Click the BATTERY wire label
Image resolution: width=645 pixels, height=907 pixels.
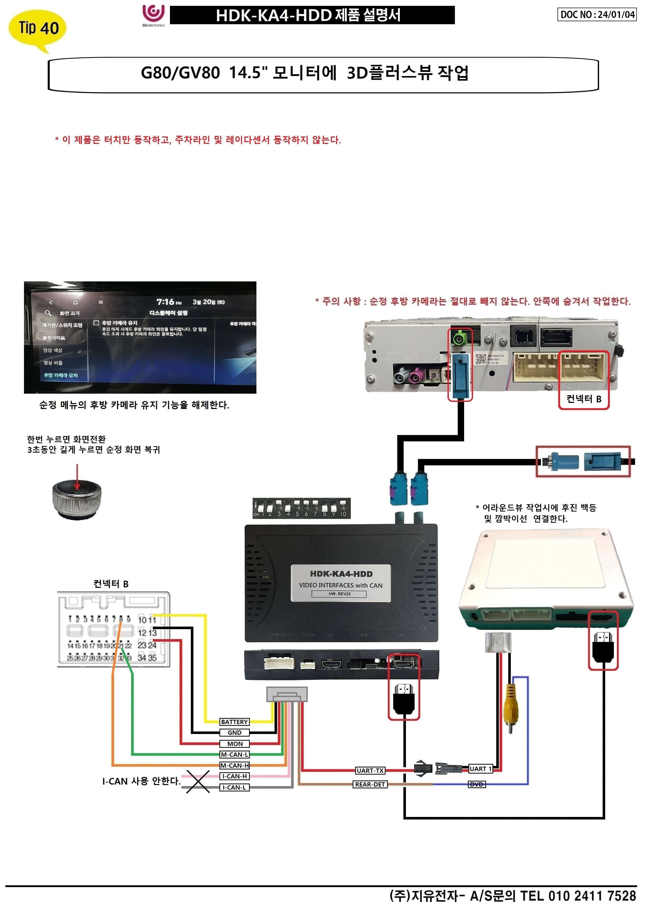(234, 722)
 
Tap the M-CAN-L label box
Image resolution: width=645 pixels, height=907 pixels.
(234, 754)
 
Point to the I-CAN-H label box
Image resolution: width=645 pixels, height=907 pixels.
(234, 776)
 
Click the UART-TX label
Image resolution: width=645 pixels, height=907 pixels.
(370, 771)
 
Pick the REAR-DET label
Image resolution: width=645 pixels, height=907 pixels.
(370, 784)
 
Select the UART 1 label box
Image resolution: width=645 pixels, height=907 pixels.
(480, 769)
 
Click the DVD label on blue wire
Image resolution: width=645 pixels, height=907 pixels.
(477, 784)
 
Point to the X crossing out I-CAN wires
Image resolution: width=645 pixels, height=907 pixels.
(198, 781)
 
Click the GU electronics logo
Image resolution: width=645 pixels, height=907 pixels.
(153, 15)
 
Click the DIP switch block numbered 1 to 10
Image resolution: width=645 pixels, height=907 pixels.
(301, 508)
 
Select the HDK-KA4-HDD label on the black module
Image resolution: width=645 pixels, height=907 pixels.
(341, 582)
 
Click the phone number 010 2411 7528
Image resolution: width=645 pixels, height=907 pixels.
(592, 896)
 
